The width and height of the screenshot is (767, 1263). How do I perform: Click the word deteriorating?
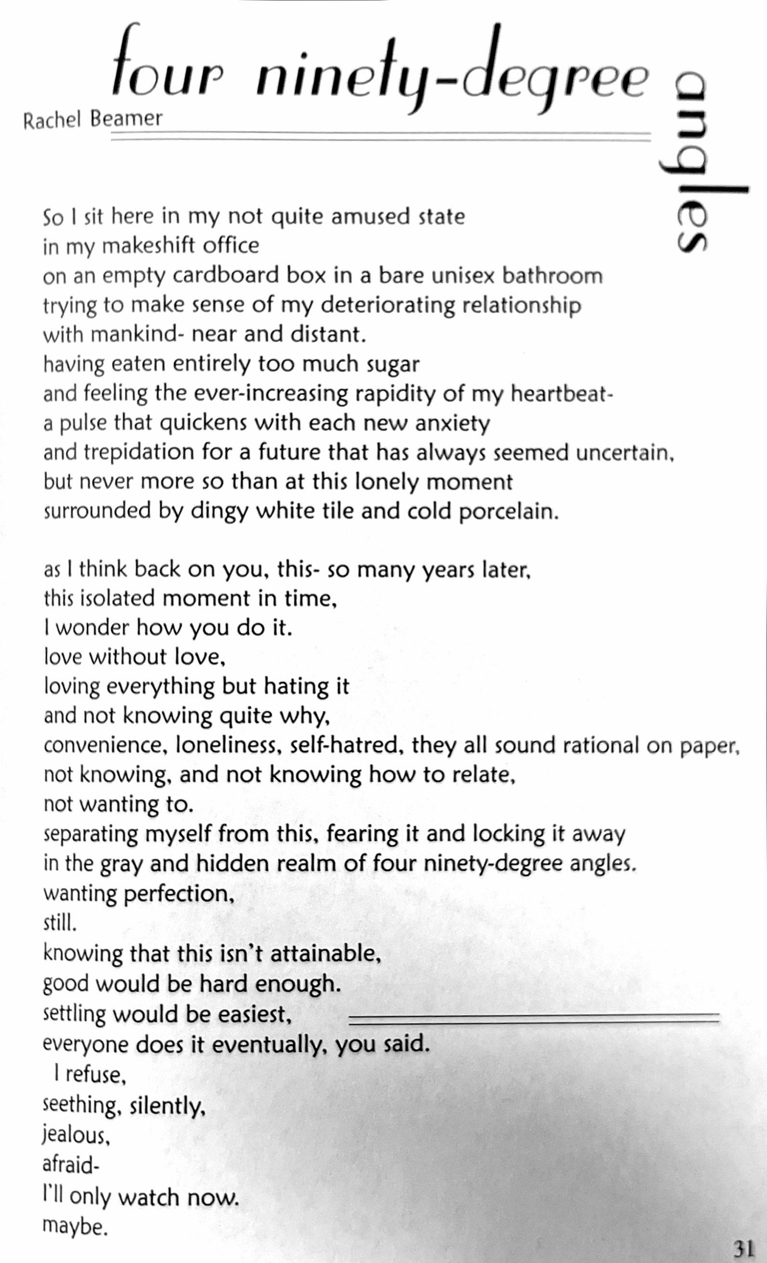[x=386, y=306]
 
